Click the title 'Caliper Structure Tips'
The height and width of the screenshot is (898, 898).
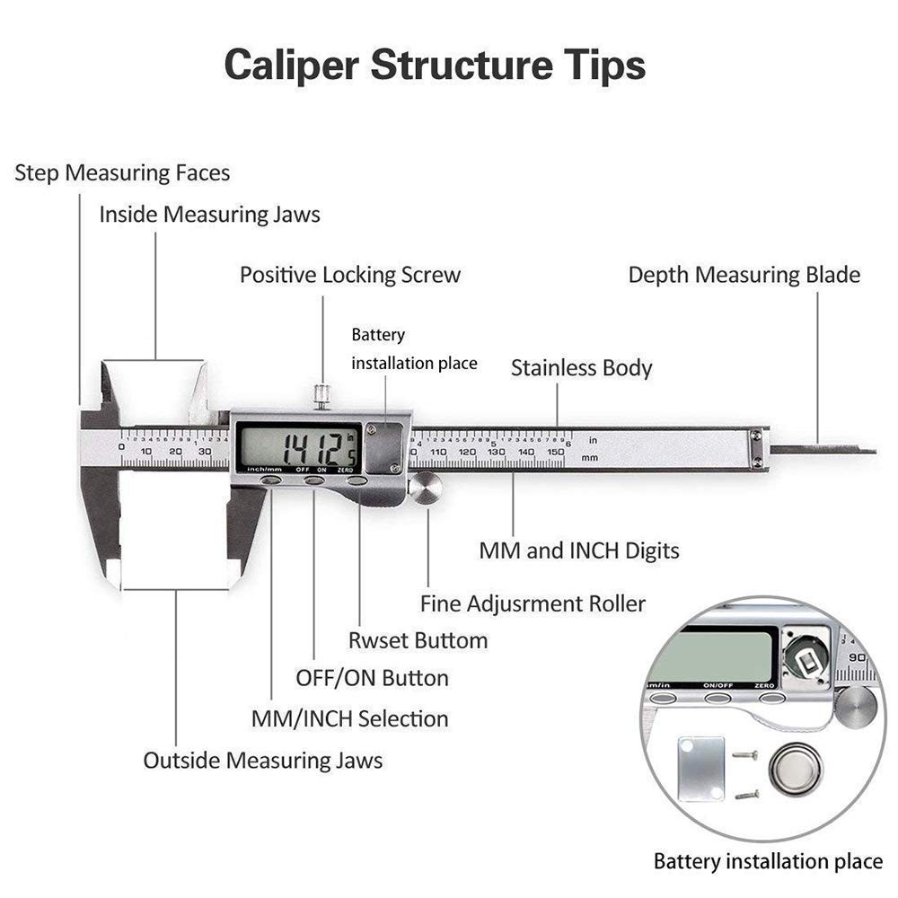point(435,66)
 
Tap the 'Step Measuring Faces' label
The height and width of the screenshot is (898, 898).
point(122,172)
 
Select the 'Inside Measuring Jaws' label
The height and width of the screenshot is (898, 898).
point(209,215)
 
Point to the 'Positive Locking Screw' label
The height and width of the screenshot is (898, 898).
point(349,275)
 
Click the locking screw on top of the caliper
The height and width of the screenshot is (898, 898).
point(321,394)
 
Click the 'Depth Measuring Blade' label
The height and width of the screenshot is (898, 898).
point(744,275)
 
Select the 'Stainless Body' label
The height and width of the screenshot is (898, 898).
point(581,367)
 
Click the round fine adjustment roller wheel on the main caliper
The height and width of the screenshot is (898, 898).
point(426,489)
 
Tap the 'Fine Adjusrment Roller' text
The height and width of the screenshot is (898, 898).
point(533,603)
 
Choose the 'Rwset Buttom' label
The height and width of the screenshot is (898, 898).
point(418,640)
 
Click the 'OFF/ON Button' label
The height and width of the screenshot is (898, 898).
point(372,678)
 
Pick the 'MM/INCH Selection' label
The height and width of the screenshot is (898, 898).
point(349,718)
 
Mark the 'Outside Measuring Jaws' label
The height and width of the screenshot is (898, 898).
point(262,761)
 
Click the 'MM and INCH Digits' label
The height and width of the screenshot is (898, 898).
point(578,550)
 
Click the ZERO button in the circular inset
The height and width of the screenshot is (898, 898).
point(766,697)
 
